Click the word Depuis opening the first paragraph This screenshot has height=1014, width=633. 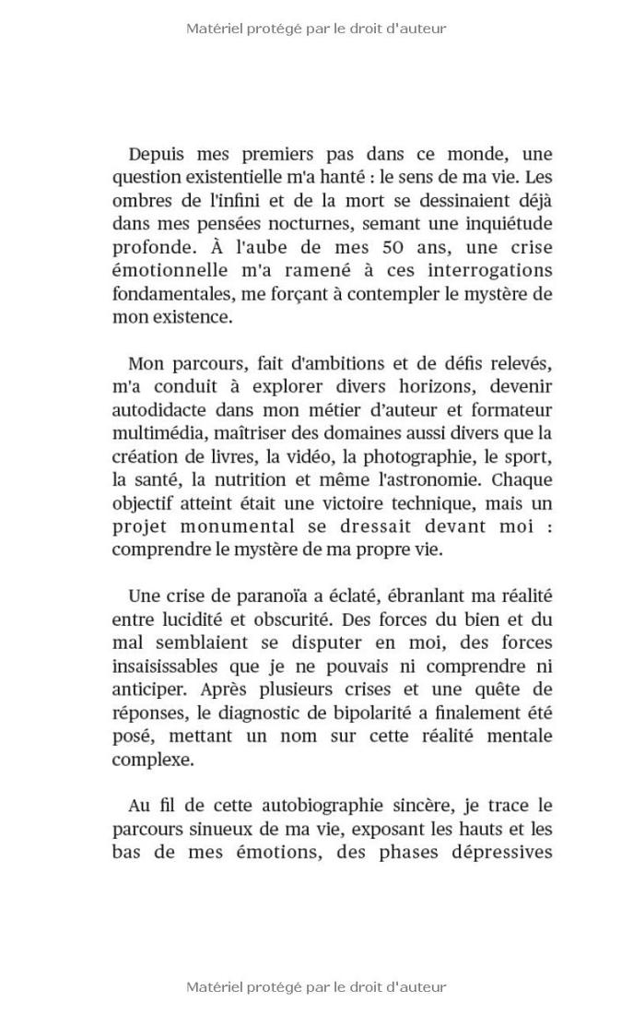[157, 154]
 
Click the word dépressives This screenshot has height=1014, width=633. [477, 852]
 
